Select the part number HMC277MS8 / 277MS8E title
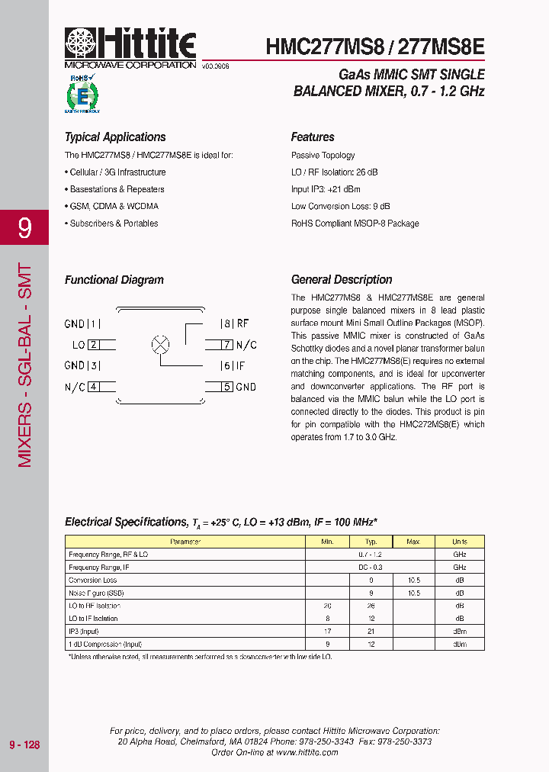[375, 47]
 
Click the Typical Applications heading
[115, 137]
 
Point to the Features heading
[313, 137]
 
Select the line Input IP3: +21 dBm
[326, 189]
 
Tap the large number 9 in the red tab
[24, 227]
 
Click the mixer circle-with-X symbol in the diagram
[161, 344]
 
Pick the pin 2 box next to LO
[93, 345]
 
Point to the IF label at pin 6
[240, 366]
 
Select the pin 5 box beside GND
[226, 387]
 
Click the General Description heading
[342, 280]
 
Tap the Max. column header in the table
[413, 542]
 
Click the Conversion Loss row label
[93, 580]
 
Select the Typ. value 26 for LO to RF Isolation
[371, 606]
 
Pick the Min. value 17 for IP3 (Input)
[327, 631]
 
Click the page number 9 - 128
[24, 745]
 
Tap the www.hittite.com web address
[307, 752]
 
